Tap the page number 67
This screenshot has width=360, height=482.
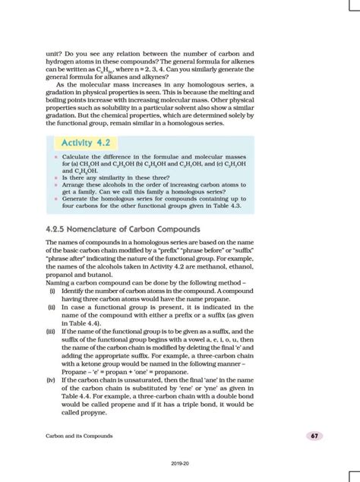point(313,436)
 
